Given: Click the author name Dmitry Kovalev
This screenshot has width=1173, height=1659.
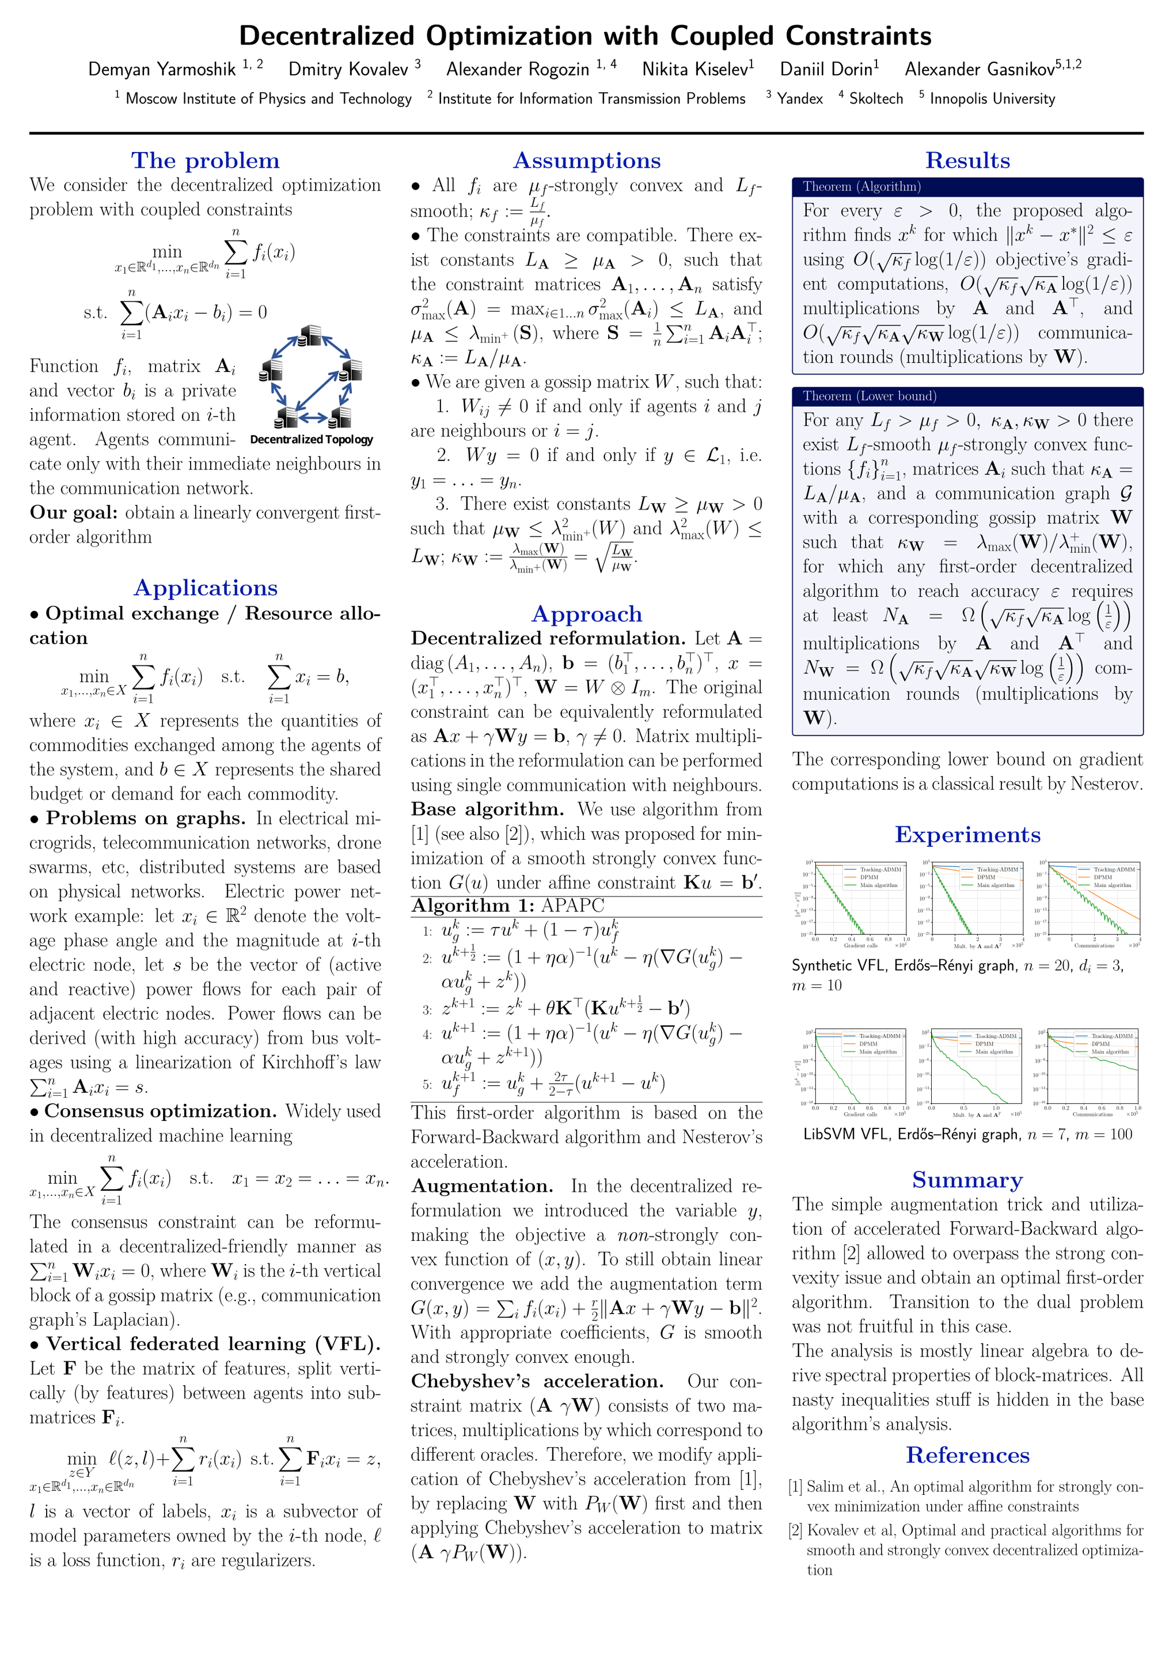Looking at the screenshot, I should (x=348, y=69).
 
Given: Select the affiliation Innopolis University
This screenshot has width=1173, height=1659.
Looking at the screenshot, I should (x=992, y=99).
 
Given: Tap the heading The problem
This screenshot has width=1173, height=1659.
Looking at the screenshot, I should (x=205, y=160).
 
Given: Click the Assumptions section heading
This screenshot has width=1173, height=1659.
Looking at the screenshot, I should (x=586, y=160).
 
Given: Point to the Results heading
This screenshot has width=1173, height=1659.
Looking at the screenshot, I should (x=967, y=160).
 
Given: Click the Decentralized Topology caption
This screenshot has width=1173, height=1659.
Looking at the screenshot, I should (x=312, y=440).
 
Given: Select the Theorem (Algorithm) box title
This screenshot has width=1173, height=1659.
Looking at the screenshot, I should (x=861, y=187).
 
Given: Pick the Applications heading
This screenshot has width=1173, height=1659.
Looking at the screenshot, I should (x=205, y=588).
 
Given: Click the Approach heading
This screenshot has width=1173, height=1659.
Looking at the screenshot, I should (x=586, y=613).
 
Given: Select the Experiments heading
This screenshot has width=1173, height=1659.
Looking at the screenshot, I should (x=967, y=835).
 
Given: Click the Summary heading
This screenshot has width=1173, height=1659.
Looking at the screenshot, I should (x=967, y=1180).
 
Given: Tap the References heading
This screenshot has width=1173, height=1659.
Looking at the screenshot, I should (x=967, y=1455).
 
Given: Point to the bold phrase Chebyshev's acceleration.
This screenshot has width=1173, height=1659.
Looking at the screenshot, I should (x=537, y=1381).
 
